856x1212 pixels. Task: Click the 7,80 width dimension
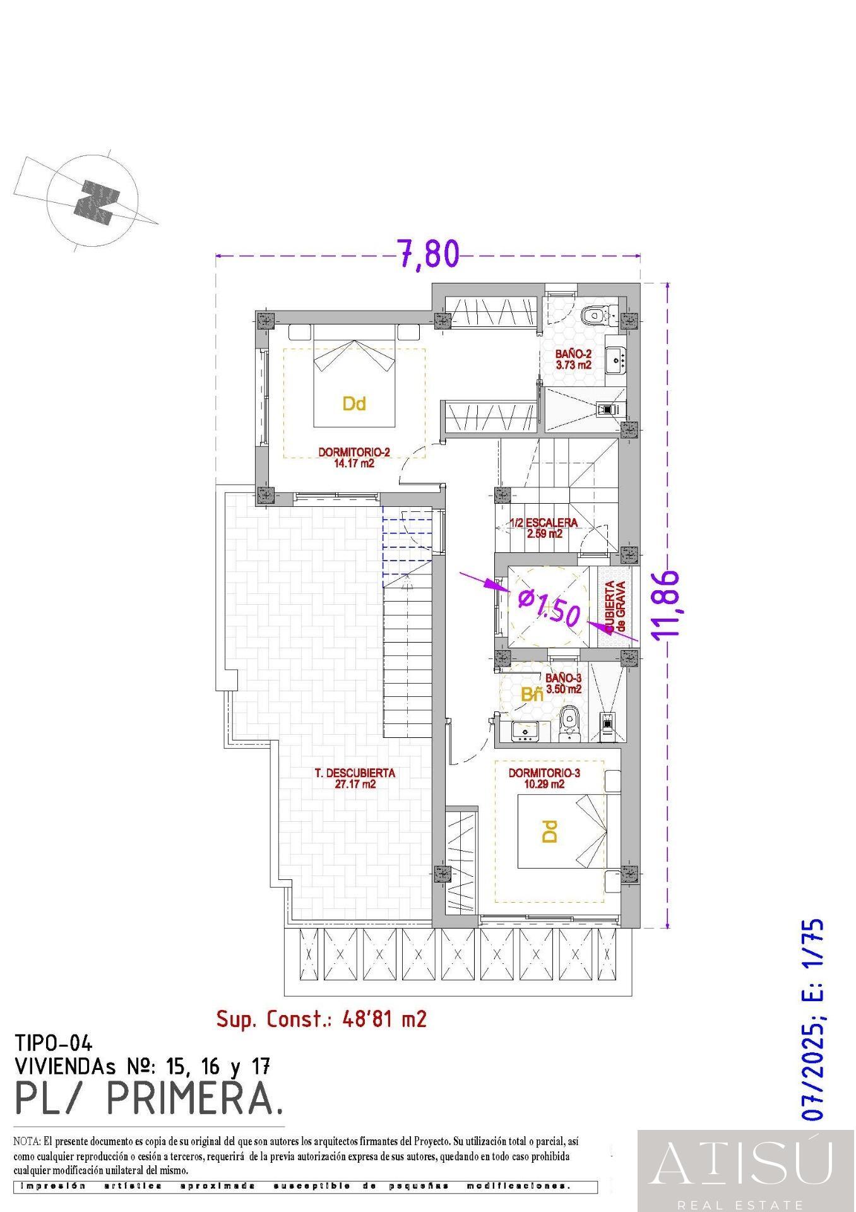click(x=428, y=254)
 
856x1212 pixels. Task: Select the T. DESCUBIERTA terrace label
click(x=355, y=778)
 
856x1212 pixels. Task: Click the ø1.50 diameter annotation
click(x=549, y=607)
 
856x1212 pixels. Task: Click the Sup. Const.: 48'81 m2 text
click(x=321, y=1018)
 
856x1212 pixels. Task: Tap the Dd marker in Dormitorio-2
click(x=354, y=403)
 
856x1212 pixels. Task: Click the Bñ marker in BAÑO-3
click(x=532, y=695)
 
